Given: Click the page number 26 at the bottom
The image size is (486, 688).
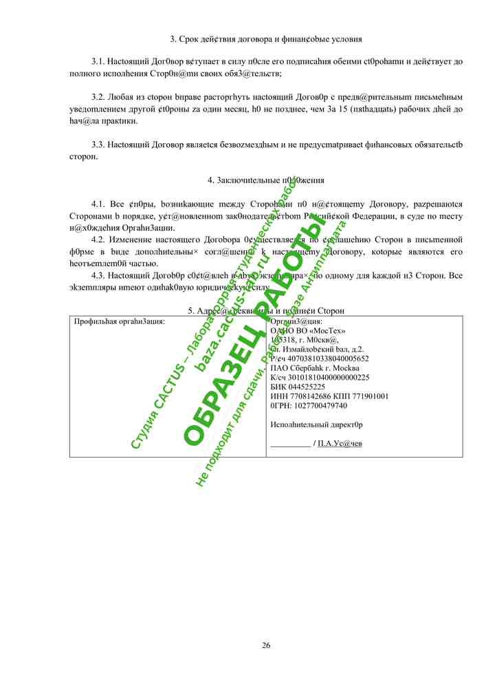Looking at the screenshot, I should click(x=266, y=645).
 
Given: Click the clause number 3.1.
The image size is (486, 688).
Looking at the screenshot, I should click(x=99, y=61).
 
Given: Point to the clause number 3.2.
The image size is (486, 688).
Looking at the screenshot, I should click(x=99, y=97).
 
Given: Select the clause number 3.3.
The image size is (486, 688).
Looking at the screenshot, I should click(x=99, y=144).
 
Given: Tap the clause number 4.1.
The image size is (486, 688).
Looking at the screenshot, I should click(x=99, y=204).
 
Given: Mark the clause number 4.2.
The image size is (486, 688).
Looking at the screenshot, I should click(x=99, y=239).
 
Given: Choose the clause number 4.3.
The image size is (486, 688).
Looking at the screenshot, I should click(x=99, y=275).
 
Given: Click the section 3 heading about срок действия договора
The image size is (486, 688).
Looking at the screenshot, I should click(x=266, y=39).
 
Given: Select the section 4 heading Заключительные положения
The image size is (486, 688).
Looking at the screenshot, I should click(x=266, y=180).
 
